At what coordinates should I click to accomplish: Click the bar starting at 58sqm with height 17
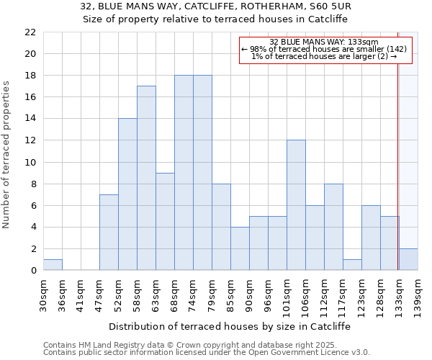point(146,178)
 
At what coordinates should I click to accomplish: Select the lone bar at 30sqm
point(53,265)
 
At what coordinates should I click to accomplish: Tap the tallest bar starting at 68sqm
point(184,173)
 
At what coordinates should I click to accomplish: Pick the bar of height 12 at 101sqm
point(296,205)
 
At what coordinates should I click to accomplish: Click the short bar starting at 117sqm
point(352,265)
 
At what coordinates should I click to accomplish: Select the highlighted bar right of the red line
point(408,259)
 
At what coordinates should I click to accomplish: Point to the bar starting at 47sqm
point(109,233)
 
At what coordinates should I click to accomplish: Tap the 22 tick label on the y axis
point(30,32)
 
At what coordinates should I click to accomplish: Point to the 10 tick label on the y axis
point(30,162)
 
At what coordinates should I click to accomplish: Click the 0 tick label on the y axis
point(32,271)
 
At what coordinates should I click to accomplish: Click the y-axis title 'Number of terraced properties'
point(7,155)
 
